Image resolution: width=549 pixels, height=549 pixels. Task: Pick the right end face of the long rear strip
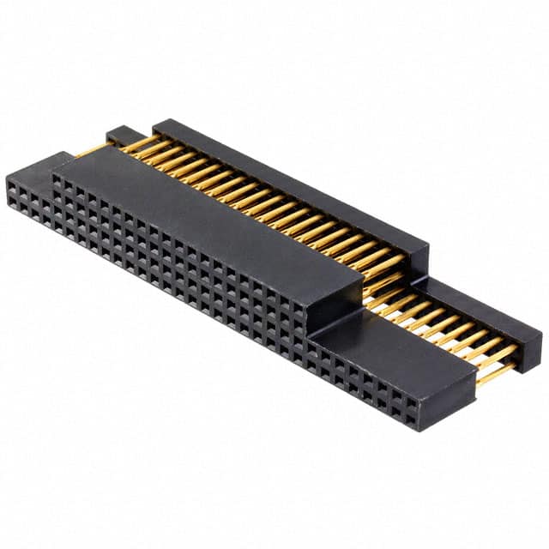[418, 258]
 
